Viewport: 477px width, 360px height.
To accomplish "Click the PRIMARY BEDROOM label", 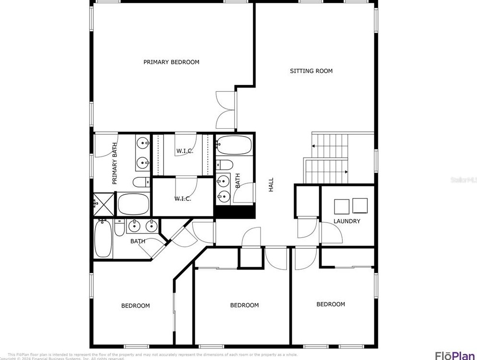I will [171, 62].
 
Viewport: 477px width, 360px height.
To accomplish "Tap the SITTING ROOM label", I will [311, 71].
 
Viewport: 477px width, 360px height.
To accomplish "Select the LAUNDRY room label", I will [347, 221].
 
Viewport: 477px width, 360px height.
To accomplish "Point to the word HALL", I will [271, 185].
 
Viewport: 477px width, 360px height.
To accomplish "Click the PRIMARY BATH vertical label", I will [115, 164].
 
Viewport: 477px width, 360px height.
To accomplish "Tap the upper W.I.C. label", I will [184, 151].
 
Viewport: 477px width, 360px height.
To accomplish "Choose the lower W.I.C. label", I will [182, 199].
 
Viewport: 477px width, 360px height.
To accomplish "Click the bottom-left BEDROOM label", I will [135, 306].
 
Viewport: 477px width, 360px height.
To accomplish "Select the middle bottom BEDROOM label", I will [244, 305].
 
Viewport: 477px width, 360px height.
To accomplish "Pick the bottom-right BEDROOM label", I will [330, 304].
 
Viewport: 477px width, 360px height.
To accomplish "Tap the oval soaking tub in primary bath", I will [134, 204].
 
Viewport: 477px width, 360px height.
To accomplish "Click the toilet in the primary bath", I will [141, 182].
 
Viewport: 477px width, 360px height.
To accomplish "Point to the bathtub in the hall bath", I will [234, 145].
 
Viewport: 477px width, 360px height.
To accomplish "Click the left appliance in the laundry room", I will [341, 206].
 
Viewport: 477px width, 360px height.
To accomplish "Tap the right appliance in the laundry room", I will [360, 205].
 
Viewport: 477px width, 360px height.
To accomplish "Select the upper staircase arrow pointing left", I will [315, 145].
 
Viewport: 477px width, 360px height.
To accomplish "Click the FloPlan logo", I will [454, 356].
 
